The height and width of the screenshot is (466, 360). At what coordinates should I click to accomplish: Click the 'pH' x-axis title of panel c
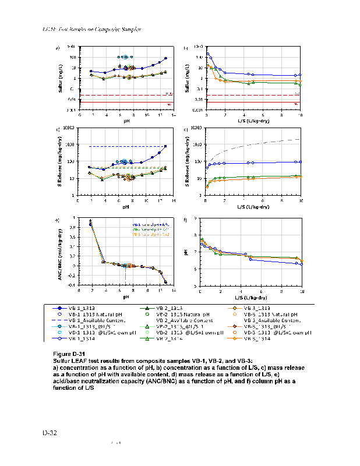[125, 206]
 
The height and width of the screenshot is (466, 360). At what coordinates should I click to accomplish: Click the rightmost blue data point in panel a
[165, 58]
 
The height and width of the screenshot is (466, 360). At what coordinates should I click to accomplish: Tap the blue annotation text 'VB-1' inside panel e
[137, 224]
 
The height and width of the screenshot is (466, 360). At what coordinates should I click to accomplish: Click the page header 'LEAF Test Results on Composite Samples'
[93, 29]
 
